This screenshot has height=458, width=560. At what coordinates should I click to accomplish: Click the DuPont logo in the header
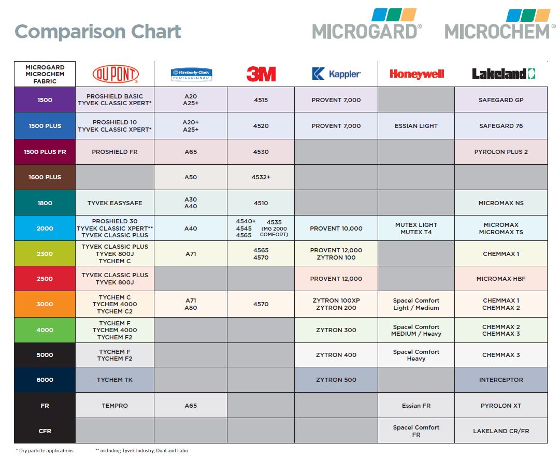coord(115,74)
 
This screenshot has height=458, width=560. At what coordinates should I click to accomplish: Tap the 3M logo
coord(261,74)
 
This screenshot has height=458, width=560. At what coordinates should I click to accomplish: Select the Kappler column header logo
coord(336,74)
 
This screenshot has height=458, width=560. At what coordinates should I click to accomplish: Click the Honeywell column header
coord(417,74)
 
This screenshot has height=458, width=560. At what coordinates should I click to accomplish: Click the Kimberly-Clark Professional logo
coord(191,75)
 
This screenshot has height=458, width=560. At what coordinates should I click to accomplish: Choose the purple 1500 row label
coord(45,100)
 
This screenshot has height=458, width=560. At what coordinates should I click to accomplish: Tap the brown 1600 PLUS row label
coord(45,177)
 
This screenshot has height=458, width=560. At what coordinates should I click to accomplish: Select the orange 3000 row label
coord(45,304)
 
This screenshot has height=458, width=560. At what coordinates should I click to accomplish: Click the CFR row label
coord(45,431)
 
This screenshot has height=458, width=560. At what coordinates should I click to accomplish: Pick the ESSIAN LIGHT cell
coord(417,126)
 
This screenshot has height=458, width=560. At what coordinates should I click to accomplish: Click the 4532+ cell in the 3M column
coord(261,177)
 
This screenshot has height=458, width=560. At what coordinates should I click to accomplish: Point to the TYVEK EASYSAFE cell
coord(115,203)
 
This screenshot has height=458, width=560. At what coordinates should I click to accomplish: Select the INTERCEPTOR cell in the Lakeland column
coord(501,380)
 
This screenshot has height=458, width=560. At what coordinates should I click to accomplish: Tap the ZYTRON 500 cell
coord(336,380)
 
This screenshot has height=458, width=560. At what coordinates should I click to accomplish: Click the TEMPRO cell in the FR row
coord(115,406)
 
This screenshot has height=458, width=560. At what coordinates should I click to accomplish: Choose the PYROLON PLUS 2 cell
coord(501,152)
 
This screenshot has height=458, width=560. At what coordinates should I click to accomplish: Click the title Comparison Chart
coord(98,32)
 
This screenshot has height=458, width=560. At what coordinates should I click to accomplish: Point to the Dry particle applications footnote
coord(46,451)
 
